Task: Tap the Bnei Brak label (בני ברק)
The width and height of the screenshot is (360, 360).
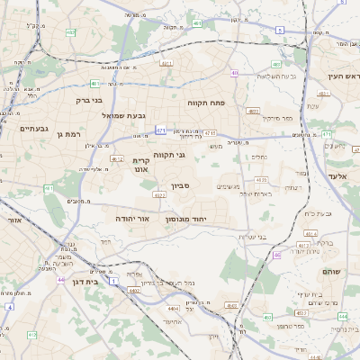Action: click(87, 102)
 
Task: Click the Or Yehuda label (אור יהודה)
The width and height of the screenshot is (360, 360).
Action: click(131, 218)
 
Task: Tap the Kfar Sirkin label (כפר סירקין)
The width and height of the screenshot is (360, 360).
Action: click(275, 118)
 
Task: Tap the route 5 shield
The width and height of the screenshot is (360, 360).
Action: click(280, 30)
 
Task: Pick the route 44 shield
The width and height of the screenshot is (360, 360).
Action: click(59, 281)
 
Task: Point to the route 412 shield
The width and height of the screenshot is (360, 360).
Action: click(117, 159)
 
